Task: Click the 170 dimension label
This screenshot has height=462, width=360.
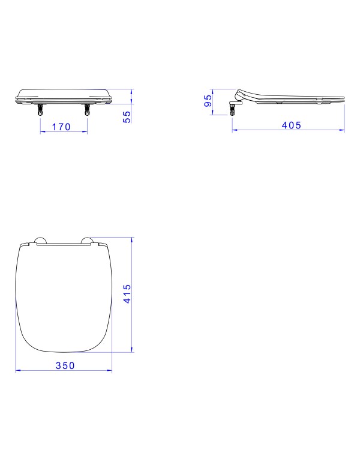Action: [x=61, y=127]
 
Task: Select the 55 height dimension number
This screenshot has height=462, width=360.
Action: [x=127, y=117]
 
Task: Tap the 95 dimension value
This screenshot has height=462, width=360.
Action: [x=208, y=100]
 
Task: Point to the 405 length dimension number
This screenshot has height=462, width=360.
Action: [x=292, y=125]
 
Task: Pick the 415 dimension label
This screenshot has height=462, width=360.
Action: [x=127, y=294]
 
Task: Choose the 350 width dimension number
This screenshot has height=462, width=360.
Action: [x=65, y=365]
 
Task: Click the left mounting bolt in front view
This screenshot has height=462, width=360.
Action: [x=40, y=109]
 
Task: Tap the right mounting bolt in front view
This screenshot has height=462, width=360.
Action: [x=87, y=109]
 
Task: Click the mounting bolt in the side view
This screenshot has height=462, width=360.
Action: [x=232, y=109]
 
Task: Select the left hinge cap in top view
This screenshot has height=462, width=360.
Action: [x=40, y=240]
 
